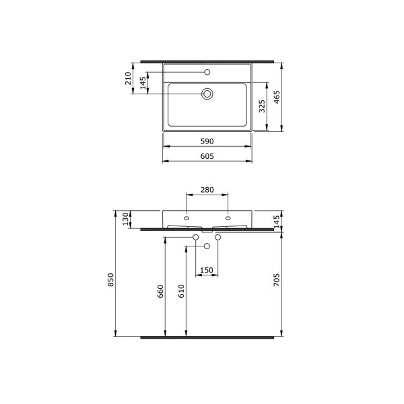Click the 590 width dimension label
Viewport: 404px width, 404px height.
point(207,141)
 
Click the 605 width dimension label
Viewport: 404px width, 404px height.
point(207,156)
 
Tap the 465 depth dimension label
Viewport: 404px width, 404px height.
point(277,97)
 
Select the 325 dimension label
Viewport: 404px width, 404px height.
point(262,106)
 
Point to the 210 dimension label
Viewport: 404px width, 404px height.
point(128,78)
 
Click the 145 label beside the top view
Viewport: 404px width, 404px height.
point(143,83)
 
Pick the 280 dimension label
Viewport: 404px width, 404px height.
point(207,190)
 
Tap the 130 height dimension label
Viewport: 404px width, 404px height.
point(125,219)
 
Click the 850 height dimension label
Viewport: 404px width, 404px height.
point(110,280)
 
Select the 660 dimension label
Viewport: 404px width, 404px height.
point(160,291)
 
